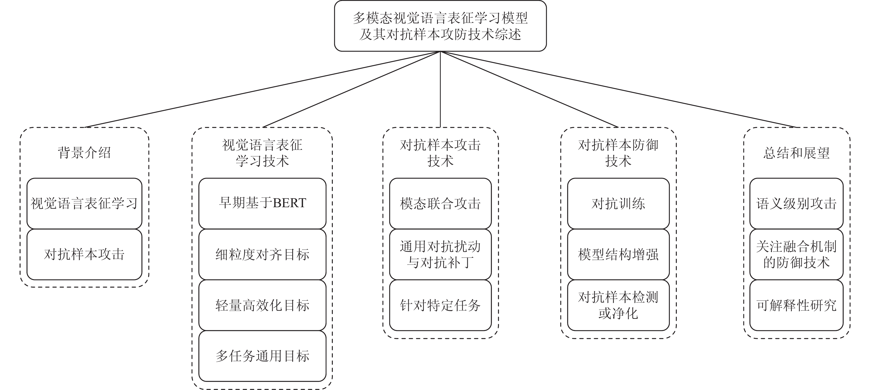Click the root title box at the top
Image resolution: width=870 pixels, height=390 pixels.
pyautogui.click(x=440, y=26)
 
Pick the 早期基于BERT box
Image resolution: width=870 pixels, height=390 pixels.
pyautogui.click(x=262, y=203)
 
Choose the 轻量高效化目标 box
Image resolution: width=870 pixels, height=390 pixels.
pyautogui.click(x=262, y=305)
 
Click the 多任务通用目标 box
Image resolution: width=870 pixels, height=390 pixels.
pyautogui.click(x=262, y=356)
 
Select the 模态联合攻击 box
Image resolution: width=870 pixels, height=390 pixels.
pyautogui.click(x=440, y=203)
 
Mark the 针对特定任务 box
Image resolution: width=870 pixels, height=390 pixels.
pyautogui.click(x=440, y=305)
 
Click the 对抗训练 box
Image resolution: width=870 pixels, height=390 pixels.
pyautogui.click(x=618, y=203)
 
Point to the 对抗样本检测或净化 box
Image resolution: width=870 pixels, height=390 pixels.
pyautogui.click(x=618, y=305)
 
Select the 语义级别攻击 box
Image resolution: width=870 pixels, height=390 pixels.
pyautogui.click(x=796, y=203)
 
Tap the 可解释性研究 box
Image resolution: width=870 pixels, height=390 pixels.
pyautogui.click(x=796, y=305)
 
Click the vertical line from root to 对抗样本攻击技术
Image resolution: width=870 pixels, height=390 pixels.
pyautogui.click(x=440, y=89)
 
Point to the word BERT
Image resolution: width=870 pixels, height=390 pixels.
pyautogui.click(x=289, y=203)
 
